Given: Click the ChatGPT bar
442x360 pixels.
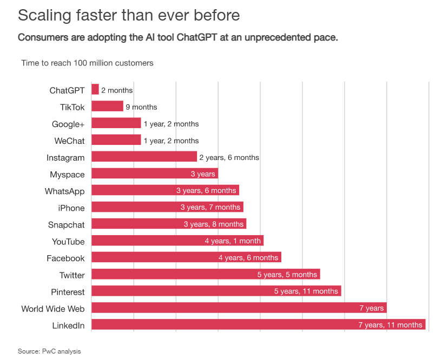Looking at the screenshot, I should [x=95, y=90].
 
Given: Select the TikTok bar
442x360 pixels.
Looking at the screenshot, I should [x=107, y=106].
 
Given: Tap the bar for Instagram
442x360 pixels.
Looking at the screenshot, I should [x=144, y=157].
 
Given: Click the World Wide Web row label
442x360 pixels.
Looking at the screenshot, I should [x=53, y=309].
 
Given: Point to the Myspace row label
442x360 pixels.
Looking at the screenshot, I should [x=67, y=175].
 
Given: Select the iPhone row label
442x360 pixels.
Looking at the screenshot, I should [x=71, y=208].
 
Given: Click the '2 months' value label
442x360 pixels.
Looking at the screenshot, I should [x=117, y=90].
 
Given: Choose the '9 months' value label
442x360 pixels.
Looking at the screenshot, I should [x=141, y=107].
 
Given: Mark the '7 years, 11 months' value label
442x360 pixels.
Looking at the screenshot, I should [x=390, y=325].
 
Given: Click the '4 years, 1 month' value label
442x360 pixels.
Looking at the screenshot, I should [x=233, y=241].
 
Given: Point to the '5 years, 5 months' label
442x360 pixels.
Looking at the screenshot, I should [x=287, y=275].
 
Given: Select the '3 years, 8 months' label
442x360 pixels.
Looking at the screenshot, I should [x=213, y=224].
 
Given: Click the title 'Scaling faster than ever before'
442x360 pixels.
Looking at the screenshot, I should [x=129, y=15].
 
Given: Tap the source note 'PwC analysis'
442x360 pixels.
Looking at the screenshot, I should [x=61, y=351].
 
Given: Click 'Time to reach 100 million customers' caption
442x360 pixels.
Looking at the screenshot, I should [x=87, y=63].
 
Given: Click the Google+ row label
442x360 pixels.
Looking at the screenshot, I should [x=68, y=124].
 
